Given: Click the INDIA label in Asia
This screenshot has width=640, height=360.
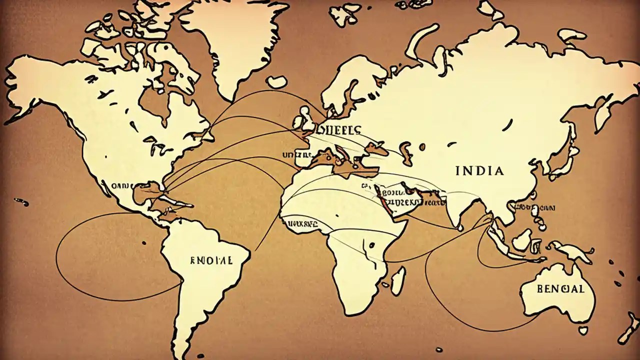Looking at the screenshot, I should click(479, 171).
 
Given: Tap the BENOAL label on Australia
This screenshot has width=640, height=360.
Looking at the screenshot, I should click(559, 289).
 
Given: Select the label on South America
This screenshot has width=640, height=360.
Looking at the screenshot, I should click(211, 260).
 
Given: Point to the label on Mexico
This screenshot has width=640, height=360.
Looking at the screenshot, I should click(119, 186).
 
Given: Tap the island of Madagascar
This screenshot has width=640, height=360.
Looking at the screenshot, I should click(398, 280).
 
